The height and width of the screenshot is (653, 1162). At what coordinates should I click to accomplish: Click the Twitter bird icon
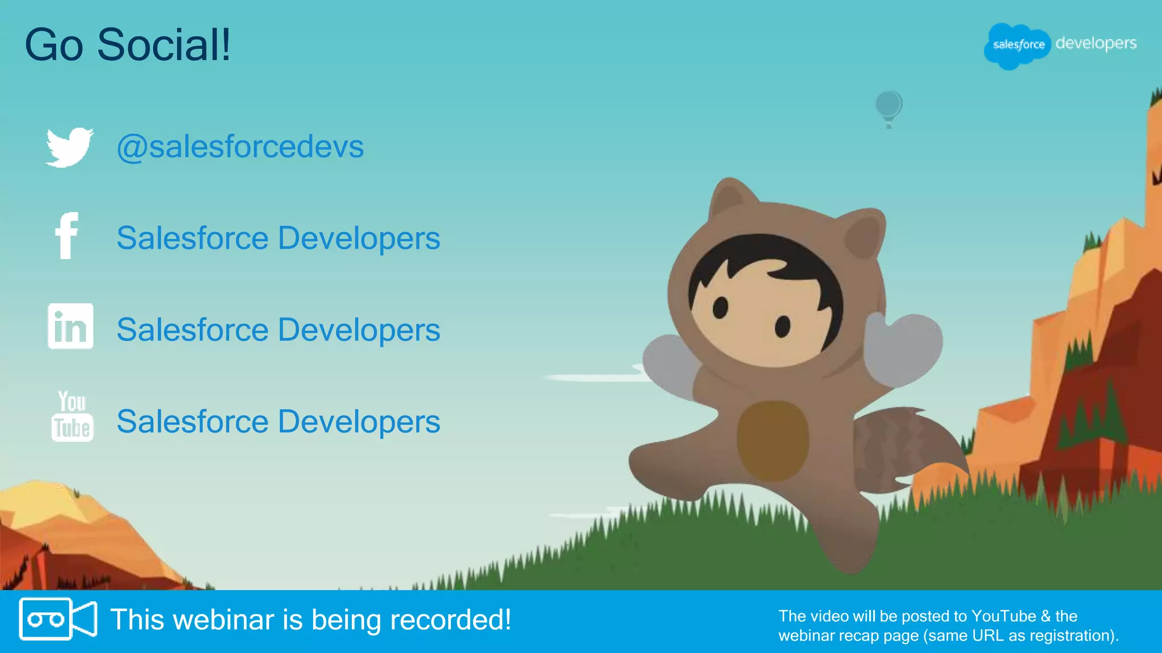coord(69,147)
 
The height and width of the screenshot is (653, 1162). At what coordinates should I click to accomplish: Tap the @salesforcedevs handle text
coord(239,147)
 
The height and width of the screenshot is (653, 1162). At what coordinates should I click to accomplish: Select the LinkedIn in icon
coord(70,326)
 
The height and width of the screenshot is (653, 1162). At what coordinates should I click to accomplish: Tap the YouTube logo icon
coord(72,416)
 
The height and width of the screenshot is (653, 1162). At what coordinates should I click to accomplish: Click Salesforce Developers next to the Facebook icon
coord(278,238)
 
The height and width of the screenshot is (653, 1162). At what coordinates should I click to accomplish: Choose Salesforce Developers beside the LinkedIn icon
coord(278,330)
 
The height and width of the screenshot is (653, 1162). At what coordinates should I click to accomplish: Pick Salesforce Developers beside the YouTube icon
coord(278,422)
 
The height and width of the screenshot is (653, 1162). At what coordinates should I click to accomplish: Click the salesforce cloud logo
coord(1017,45)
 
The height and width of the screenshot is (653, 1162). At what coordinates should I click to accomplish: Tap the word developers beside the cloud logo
coord(1096,43)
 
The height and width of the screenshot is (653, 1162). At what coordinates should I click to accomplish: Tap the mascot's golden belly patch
coord(773,439)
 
